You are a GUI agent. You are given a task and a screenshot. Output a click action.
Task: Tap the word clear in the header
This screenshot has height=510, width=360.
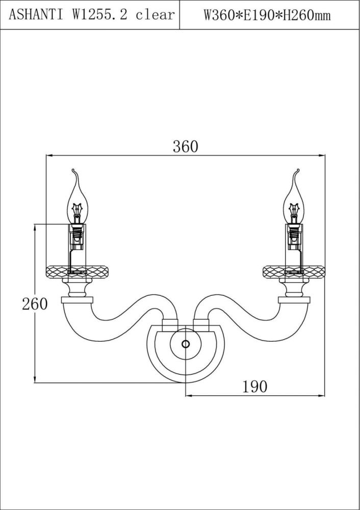pyautogui.click(x=155, y=15)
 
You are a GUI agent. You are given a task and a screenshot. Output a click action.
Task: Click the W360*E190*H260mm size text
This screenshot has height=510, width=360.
pyautogui.click(x=267, y=15)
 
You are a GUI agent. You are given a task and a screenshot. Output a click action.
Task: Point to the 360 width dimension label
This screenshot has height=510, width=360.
pyautogui.click(x=185, y=147)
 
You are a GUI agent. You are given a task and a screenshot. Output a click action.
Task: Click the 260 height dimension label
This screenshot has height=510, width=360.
pyautogui.click(x=34, y=303)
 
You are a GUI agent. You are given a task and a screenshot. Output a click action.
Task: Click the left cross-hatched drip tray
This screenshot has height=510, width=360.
pyautogui.click(x=78, y=271)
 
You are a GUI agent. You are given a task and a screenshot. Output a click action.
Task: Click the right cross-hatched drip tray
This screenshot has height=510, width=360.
pyautogui.click(x=294, y=271)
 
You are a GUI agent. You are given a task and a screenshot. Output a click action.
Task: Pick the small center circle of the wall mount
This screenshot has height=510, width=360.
pyautogui.click(x=186, y=344)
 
